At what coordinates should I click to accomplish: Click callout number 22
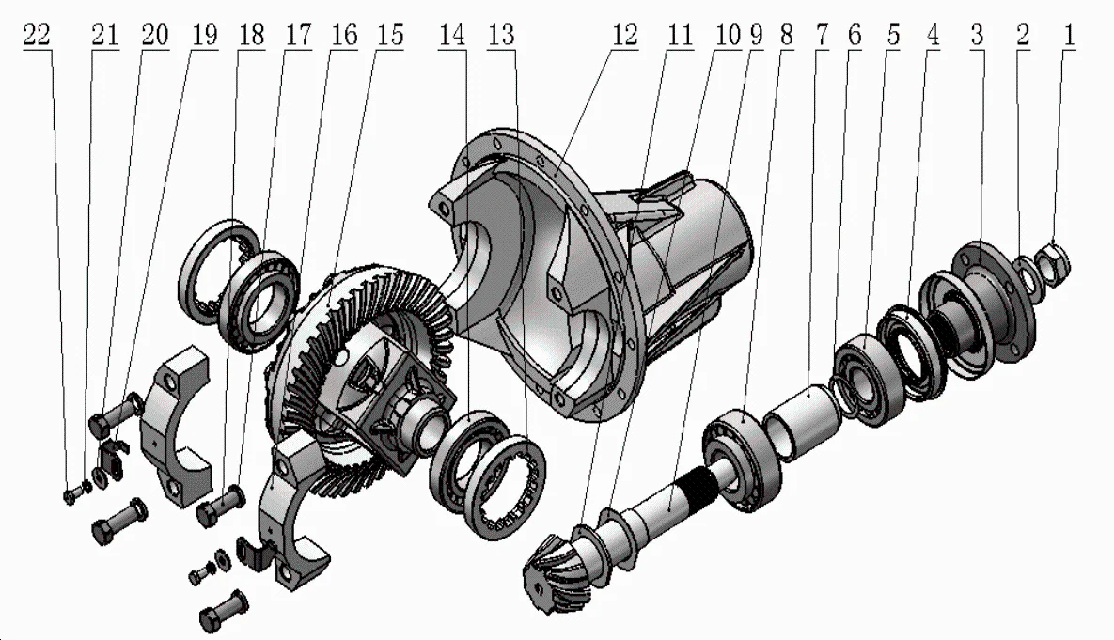click(39, 36)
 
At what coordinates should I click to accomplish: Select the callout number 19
click(202, 36)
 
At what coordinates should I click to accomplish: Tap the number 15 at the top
click(389, 36)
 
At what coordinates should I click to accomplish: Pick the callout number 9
click(757, 36)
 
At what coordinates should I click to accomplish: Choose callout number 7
click(822, 36)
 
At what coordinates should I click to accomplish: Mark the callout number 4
click(932, 36)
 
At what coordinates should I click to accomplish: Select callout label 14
click(451, 36)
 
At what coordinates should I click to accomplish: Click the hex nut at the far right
click(1053, 260)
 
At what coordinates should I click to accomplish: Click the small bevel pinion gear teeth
click(550, 564)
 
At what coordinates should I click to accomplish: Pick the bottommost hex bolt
click(224, 611)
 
